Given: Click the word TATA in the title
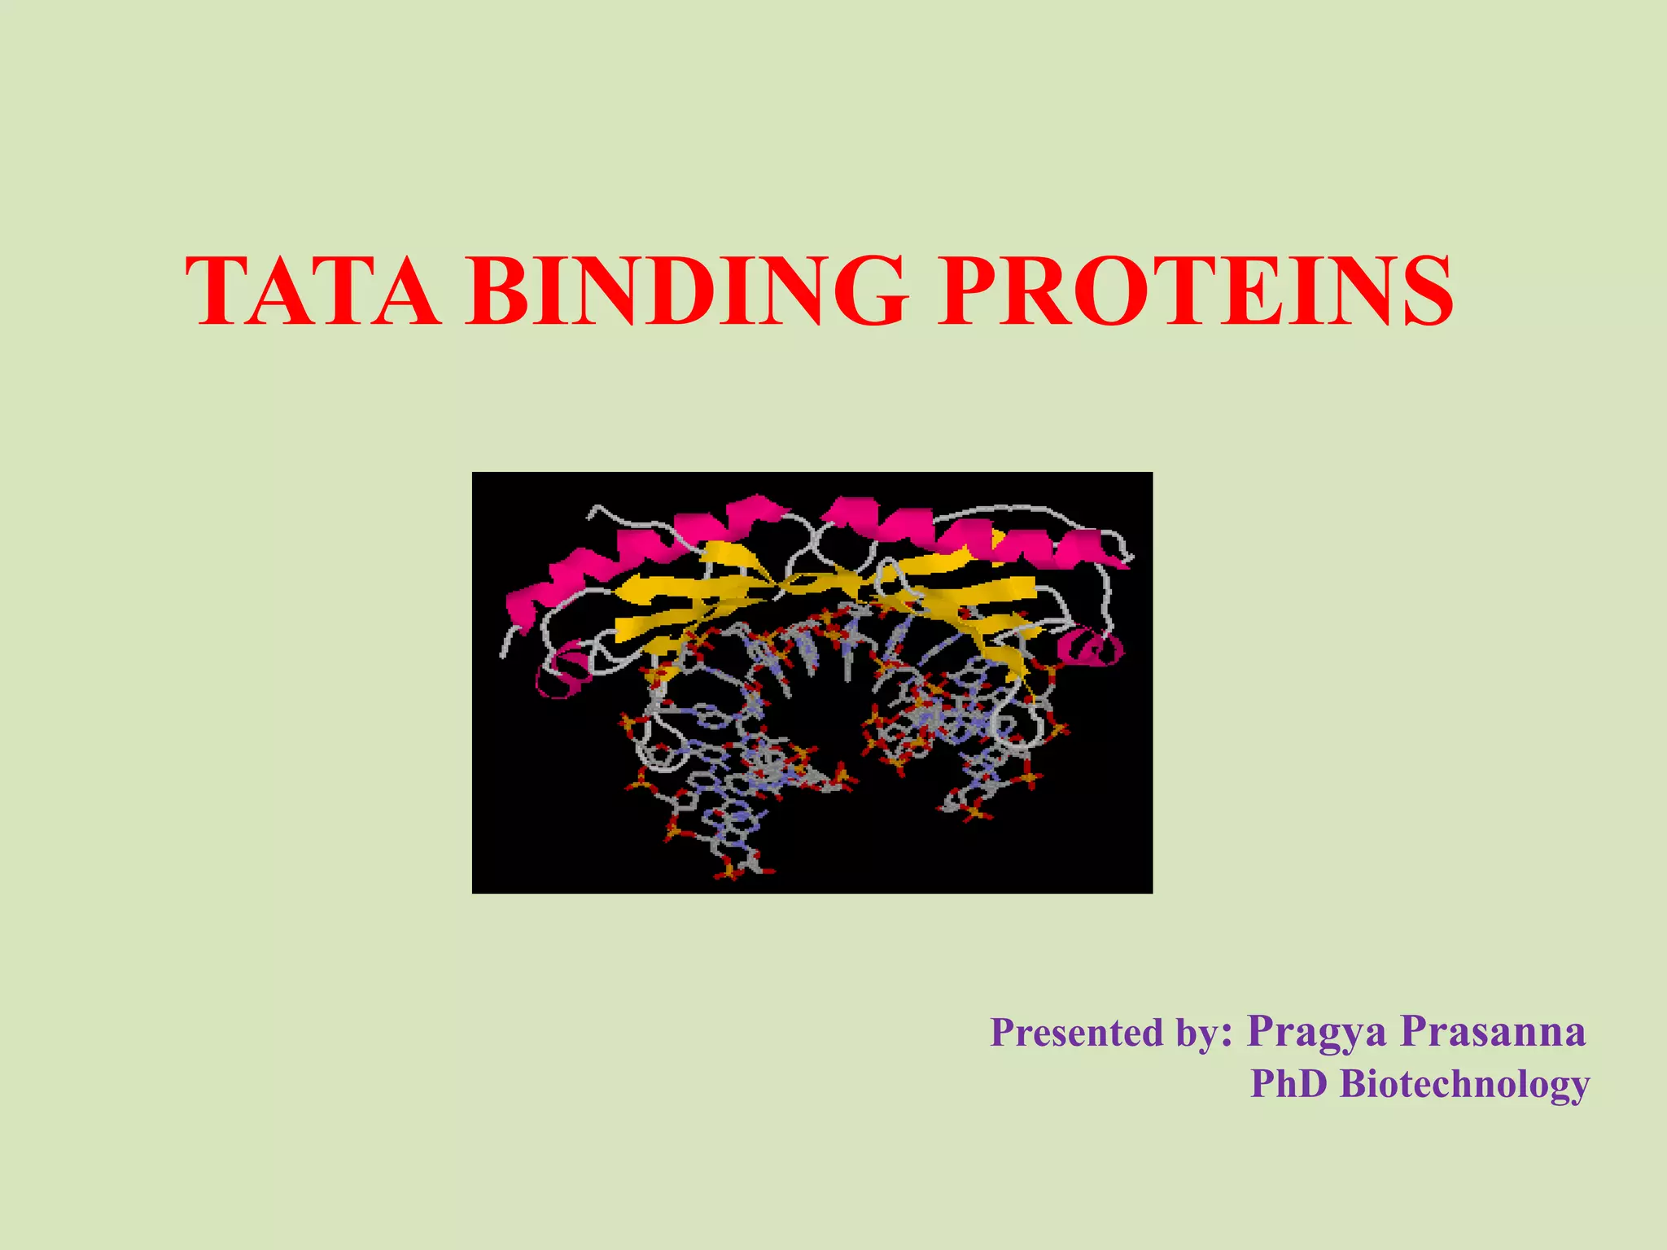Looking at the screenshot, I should pos(313,291).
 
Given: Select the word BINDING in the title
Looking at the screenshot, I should pos(686,291).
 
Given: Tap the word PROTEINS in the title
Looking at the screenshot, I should pos(1195,291).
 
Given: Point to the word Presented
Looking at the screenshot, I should pos(1076,1033).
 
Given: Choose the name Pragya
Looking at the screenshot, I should pos(1316,1033).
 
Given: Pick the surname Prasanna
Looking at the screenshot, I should pos(1494,1031).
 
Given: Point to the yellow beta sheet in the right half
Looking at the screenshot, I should pos(960,594).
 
